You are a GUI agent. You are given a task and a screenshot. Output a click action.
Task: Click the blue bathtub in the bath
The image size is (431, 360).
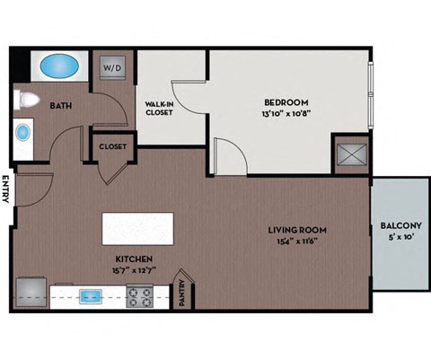coord(59,66)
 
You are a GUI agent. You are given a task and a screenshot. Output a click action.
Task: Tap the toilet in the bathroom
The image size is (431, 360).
coord(26,100)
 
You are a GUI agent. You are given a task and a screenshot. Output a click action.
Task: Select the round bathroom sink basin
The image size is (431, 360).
coord(22,133)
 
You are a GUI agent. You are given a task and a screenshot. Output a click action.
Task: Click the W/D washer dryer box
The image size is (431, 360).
coord(111,67)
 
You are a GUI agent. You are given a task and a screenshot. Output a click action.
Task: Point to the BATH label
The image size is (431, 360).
coord(60,106)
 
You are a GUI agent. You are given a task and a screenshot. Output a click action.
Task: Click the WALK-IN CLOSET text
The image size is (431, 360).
coord(159,109)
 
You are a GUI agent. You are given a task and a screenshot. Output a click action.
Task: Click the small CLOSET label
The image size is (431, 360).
coord(111,145)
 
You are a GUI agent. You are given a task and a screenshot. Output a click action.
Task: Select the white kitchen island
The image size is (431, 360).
coord(138,228)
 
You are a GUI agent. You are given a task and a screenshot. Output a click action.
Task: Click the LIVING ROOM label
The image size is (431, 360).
coord(294,230)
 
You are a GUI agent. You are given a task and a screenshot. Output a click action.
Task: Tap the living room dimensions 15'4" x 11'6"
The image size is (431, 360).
coord(294,241)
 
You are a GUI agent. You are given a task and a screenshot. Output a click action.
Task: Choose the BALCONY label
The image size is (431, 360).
coord(400,225)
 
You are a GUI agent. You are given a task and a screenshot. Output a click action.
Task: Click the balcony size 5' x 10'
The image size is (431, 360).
coord(400,237)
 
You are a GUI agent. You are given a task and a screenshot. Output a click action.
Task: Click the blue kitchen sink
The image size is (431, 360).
coord(91,294)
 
